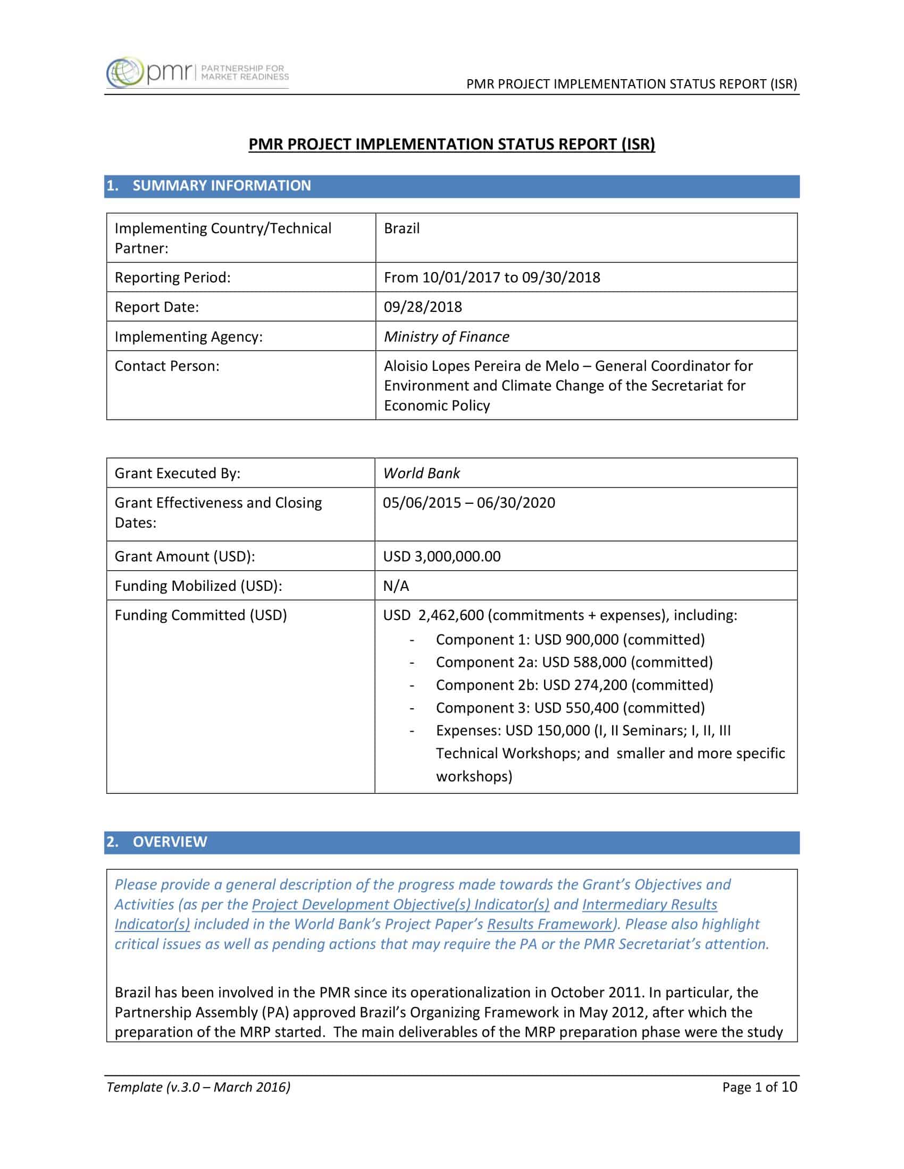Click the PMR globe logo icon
pos(124,72)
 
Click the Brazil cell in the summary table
pos(401,228)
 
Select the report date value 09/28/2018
pos(423,307)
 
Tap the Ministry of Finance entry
pos(446,337)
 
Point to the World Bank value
pos(422,473)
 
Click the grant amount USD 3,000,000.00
pos(442,556)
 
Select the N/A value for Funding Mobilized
pos(396,586)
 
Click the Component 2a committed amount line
pos(574,662)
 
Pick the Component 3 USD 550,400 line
pos(570,708)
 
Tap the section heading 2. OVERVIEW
pos(169,842)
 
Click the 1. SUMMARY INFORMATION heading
pos(221,186)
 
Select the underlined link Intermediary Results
pos(649,904)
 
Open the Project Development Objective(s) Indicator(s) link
pos(400,904)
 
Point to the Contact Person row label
pos(167,366)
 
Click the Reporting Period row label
pos(172,277)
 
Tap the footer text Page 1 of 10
pos(759,1087)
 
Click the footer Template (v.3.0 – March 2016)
pos(198,1087)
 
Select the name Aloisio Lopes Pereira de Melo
pos(481,366)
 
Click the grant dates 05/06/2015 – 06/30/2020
pos(468,503)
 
